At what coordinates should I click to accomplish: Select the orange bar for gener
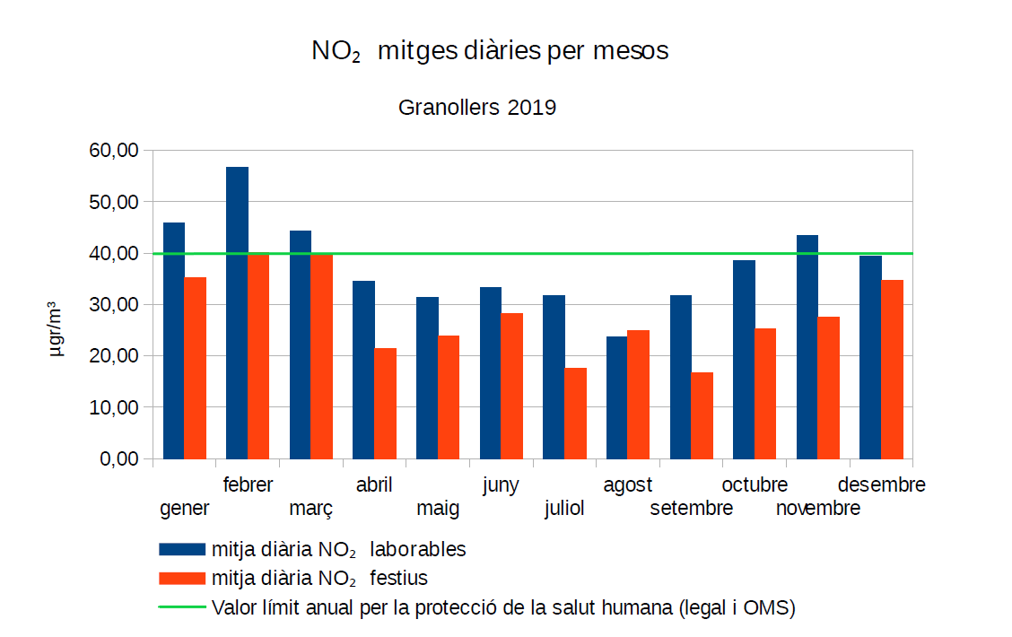pyautogui.click(x=196, y=368)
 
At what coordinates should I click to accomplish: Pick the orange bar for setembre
pyautogui.click(x=702, y=415)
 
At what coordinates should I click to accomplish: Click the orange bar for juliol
pyautogui.click(x=575, y=413)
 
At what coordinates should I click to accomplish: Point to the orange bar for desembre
pyautogui.click(x=892, y=369)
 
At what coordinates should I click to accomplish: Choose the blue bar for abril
pyautogui.click(x=363, y=370)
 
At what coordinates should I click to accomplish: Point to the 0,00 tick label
pyautogui.click(x=118, y=458)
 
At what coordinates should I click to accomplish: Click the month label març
pyautogui.click(x=311, y=509)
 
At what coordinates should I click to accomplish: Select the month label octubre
pyautogui.click(x=755, y=485)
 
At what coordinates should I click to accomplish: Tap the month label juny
pyautogui.click(x=501, y=485)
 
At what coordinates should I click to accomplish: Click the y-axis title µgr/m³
pyautogui.click(x=57, y=330)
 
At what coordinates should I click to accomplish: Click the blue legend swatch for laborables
pyautogui.click(x=182, y=549)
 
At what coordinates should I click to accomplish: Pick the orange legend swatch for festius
pyautogui.click(x=182, y=577)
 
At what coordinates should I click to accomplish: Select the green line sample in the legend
pyautogui.click(x=182, y=606)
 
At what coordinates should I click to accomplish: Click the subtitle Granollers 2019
pyautogui.click(x=477, y=108)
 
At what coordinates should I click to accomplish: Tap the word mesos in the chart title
pyautogui.click(x=631, y=51)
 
